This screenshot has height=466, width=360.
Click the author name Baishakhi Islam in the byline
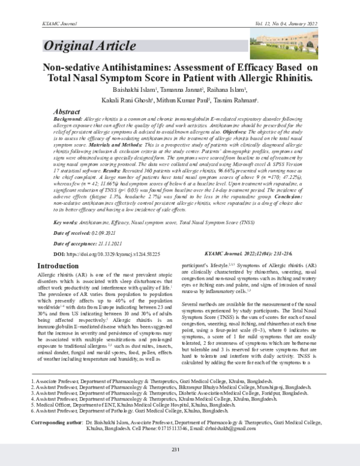click(119, 89)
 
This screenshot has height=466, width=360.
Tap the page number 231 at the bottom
click(176, 450)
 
